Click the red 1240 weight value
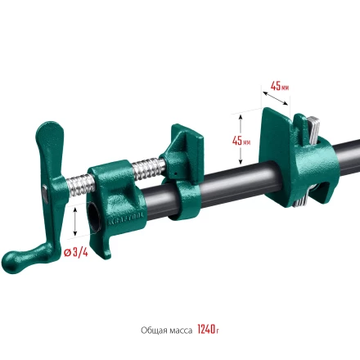coord(205,330)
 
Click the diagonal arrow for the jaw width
coord(278,99)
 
